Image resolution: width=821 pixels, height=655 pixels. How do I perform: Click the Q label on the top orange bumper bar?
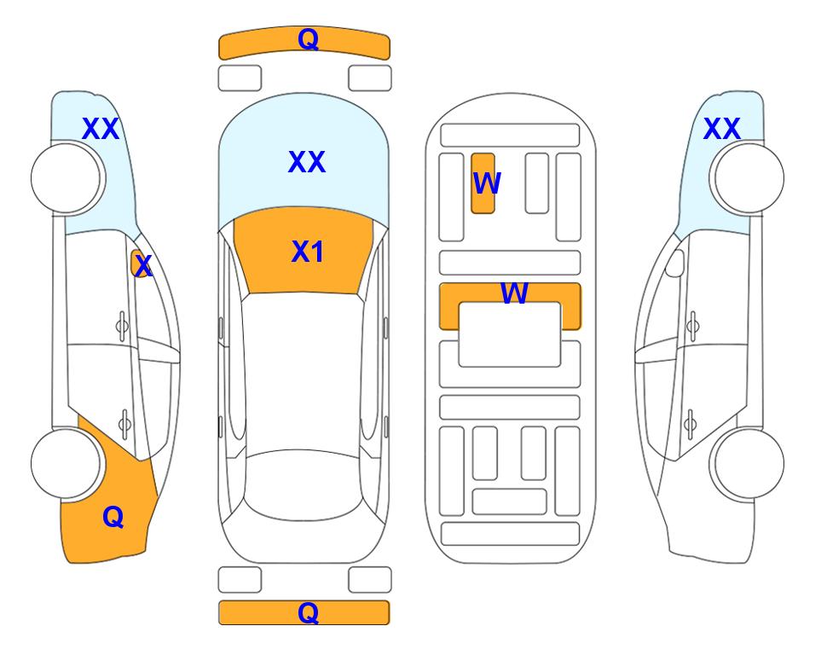coord(308,39)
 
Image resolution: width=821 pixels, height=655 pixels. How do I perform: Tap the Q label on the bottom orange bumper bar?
coord(308,612)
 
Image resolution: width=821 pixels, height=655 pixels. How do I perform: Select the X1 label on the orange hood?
coord(308,252)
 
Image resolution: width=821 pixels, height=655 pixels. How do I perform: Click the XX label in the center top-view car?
coord(307,162)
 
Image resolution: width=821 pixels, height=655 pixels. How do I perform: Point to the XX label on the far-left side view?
coord(101,129)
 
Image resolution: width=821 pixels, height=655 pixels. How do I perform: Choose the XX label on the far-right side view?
coord(721,129)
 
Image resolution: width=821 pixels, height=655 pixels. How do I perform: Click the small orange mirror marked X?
coord(141,264)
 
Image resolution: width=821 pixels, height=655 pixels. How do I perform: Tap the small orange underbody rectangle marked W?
coord(483,183)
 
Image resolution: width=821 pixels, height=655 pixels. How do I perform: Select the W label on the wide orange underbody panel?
coord(514,293)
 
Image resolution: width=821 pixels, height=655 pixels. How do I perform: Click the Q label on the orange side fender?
coord(113,517)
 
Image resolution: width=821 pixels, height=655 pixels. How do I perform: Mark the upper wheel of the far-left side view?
coord(66,178)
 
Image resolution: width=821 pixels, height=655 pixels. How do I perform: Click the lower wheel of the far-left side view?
coord(66,463)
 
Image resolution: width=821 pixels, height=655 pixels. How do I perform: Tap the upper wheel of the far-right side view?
coord(749,178)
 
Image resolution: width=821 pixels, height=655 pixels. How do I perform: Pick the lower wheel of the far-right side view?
coord(749,463)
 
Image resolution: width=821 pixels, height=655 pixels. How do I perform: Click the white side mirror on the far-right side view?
coord(675,264)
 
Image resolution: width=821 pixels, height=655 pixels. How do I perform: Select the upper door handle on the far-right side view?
coord(693,326)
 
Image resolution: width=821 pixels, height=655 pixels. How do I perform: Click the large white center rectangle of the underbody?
coord(510,334)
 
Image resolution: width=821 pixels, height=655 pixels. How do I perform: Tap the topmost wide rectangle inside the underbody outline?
coord(510,136)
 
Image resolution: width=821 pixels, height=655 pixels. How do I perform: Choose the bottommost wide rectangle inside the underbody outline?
coord(511,534)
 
